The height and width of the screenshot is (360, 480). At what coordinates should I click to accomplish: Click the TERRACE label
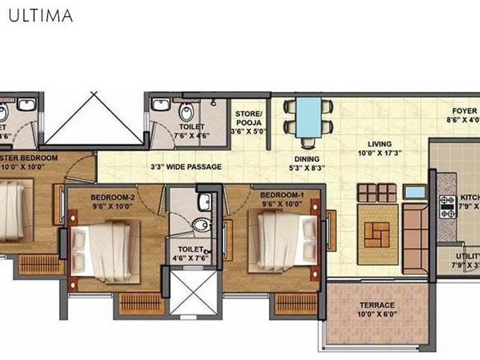click(377, 305)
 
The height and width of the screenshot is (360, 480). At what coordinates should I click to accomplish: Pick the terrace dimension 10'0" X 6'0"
click(377, 314)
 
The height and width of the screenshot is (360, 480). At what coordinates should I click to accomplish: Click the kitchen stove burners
click(448, 206)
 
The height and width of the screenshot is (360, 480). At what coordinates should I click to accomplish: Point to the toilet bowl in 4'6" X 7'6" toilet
click(199, 226)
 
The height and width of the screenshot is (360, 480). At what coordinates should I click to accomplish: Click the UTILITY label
click(468, 257)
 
